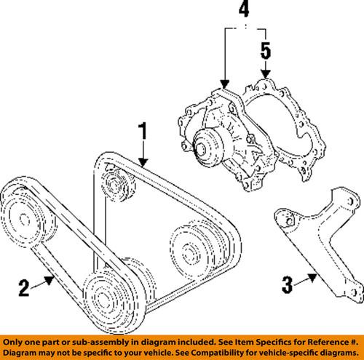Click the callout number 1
(x=143, y=133)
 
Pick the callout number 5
(x=266, y=52)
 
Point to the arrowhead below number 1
(x=144, y=164)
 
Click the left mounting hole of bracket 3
(x=287, y=217)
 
